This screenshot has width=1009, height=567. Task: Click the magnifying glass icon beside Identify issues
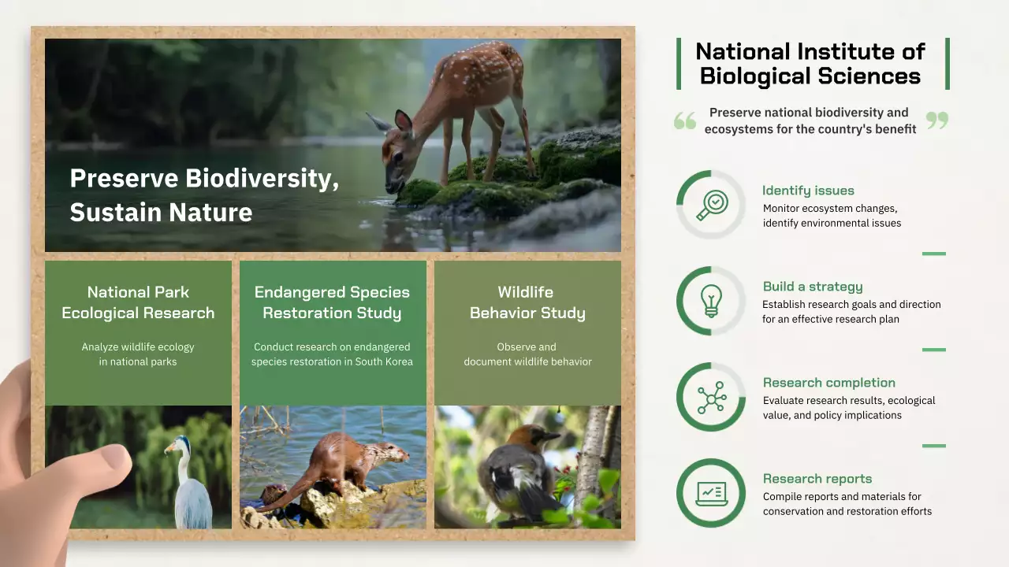711,205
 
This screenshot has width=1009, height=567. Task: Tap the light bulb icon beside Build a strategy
711,301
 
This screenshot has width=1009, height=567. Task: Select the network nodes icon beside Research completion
711,398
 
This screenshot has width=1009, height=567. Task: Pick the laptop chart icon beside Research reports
711,494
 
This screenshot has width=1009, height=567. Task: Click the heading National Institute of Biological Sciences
810,64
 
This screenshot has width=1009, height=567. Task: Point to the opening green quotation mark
685,120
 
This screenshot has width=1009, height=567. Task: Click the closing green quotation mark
937,120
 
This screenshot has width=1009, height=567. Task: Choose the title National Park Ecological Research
138,302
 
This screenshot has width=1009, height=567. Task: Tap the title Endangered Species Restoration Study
332,302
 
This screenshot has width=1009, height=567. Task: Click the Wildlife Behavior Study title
527,302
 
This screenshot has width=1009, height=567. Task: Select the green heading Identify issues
808,191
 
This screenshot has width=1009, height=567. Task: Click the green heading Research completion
828,383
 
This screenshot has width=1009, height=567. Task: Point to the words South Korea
387,361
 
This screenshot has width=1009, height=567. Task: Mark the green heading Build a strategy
812,287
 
